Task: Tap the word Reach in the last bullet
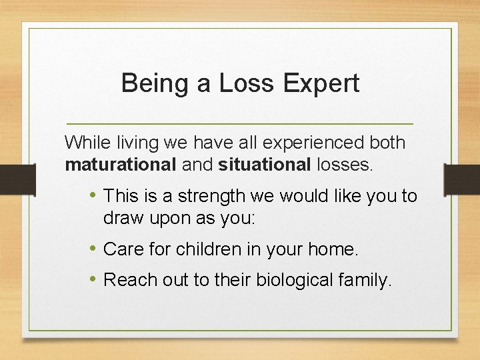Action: [x=127, y=281]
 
